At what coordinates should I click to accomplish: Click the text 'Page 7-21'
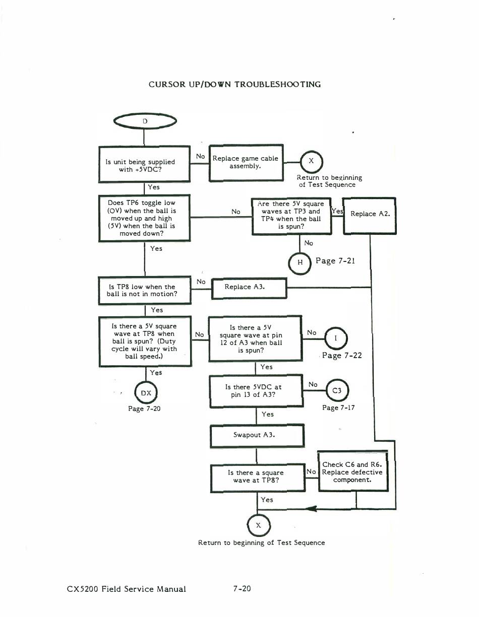pyautogui.click(x=335, y=260)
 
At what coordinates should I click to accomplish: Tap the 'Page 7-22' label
pyautogui.click(x=342, y=355)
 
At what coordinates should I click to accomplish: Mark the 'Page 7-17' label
pyautogui.click(x=338, y=407)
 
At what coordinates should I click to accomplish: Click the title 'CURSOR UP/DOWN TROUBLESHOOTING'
pyautogui.click(x=234, y=84)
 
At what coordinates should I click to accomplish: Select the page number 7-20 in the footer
pyautogui.click(x=242, y=588)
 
